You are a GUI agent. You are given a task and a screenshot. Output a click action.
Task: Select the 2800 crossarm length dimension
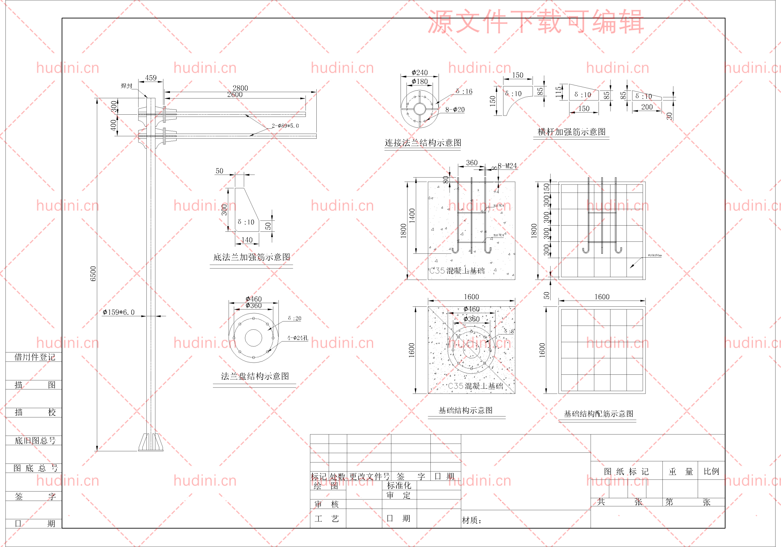pyautogui.click(x=240, y=88)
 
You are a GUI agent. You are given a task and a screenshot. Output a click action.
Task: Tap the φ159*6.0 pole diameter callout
pyautogui.click(x=119, y=312)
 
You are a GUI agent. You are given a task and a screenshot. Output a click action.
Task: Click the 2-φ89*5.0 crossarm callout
pyautogui.click(x=285, y=126)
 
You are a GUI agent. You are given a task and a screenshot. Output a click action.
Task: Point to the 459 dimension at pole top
pyautogui.click(x=151, y=78)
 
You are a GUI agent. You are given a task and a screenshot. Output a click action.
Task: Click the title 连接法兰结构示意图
pyautogui.click(x=423, y=143)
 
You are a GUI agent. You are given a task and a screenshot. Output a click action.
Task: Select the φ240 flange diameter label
pyautogui.click(x=419, y=72)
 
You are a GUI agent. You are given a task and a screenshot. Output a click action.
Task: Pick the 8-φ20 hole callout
pyautogui.click(x=455, y=109)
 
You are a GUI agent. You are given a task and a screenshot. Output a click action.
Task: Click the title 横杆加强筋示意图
pyautogui.click(x=571, y=132)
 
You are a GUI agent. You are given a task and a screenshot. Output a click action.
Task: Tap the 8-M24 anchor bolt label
pyautogui.click(x=507, y=166)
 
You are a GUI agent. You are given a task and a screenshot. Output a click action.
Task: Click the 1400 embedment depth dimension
pyautogui.click(x=412, y=216)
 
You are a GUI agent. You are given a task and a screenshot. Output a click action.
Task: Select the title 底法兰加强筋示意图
pyautogui.click(x=251, y=257)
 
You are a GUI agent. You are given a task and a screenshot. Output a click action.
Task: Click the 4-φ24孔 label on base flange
pyautogui.click(x=298, y=338)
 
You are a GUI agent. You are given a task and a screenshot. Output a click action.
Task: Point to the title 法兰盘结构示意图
pyautogui.click(x=255, y=376)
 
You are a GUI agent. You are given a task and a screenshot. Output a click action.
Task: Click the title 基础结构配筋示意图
pyautogui.click(x=598, y=414)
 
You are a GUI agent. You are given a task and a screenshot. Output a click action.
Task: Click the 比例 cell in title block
pyautogui.click(x=711, y=471)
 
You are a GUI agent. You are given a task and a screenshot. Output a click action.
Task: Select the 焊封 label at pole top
pyautogui.click(x=127, y=86)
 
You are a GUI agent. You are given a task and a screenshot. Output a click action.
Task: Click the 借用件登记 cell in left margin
pyautogui.click(x=34, y=357)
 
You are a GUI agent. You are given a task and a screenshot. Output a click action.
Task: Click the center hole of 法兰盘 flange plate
pyautogui.click(x=254, y=338)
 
